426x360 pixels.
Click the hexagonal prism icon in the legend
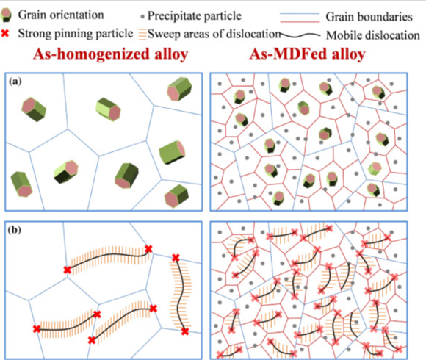tap(6, 15)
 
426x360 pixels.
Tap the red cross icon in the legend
tap(5, 33)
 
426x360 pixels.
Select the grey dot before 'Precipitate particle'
tap(142, 17)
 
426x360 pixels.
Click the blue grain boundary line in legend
tap(300, 13)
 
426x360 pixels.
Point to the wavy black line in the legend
tap(300, 35)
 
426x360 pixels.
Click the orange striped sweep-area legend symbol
tap(142, 35)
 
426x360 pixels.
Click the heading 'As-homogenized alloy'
tap(111, 54)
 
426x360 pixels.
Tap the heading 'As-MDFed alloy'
tap(307, 54)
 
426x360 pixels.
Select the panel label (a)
tap(15, 82)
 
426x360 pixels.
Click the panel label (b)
tap(15, 230)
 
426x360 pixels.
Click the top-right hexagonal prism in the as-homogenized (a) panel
tap(179, 89)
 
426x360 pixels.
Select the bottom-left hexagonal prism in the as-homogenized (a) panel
tap(21, 184)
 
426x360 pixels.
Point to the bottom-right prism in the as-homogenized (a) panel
tap(176, 196)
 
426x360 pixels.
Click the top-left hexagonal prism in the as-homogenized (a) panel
tap(34, 109)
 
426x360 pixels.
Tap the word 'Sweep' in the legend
tap(162, 35)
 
